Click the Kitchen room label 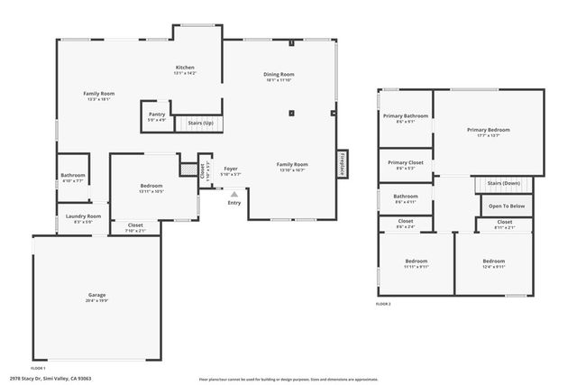click(185, 68)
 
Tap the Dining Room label click(279, 75)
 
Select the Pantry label click(157, 115)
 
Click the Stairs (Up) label click(199, 122)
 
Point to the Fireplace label click(343, 164)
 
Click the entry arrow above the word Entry click(234, 193)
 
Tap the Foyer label click(231, 169)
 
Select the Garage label click(97, 296)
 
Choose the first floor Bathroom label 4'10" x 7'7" click(73, 175)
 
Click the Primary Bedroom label click(488, 130)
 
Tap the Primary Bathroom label click(405, 116)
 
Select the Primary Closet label click(405, 162)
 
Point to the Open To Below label click(506, 206)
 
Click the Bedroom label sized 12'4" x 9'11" click(494, 261)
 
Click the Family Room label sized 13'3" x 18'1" click(99, 94)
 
